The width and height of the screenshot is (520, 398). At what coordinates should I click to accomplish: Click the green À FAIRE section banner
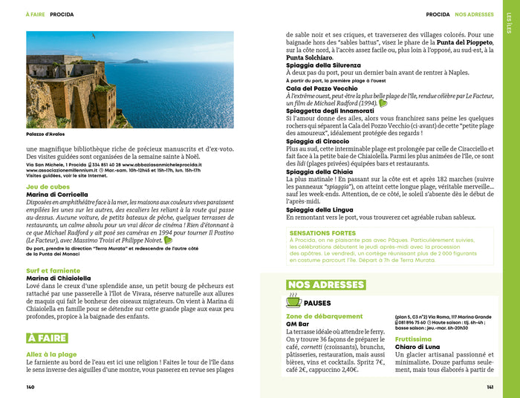point(46,338)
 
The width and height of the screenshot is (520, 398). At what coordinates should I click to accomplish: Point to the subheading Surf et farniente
point(53,270)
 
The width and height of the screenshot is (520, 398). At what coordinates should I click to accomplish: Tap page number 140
point(30,387)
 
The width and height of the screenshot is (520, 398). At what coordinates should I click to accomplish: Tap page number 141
point(490,387)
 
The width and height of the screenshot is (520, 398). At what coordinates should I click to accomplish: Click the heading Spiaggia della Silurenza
point(324,66)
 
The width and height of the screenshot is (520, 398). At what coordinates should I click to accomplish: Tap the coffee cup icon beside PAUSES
point(293,301)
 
